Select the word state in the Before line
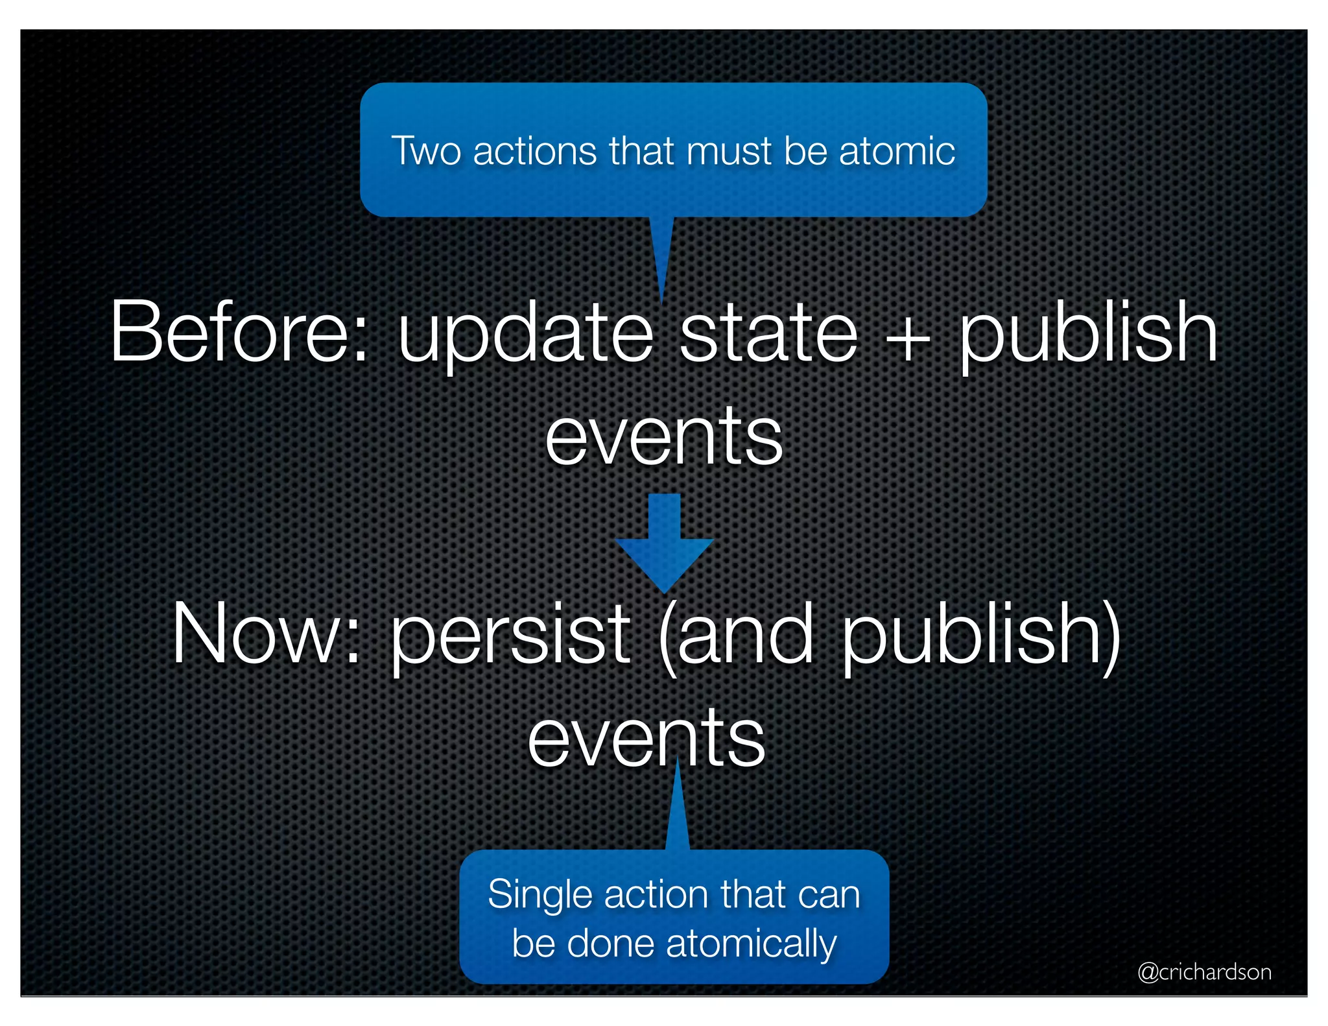click(x=768, y=333)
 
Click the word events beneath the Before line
click(x=663, y=438)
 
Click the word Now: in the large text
click(x=266, y=634)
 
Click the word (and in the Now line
click(x=736, y=636)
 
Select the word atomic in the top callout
click(x=897, y=151)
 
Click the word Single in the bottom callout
click(x=540, y=894)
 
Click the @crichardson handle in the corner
click(x=1204, y=972)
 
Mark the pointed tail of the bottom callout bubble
click(x=677, y=811)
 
